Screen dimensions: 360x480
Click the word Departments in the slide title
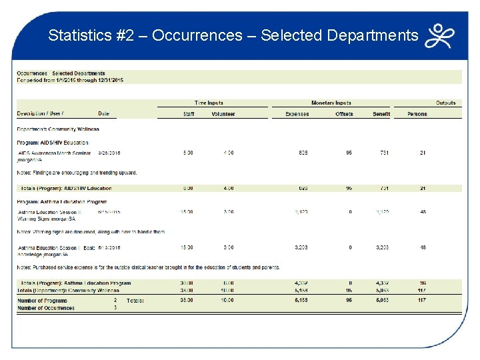tap(373, 35)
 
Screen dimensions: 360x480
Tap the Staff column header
tap(189, 114)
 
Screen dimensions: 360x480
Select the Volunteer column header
tap(223, 114)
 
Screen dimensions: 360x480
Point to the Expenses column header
tap(297, 114)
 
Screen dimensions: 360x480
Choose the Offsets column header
tap(344, 114)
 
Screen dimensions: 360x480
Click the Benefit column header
tap(381, 114)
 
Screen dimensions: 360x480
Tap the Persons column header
tap(417, 114)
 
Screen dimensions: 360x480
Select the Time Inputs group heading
tap(209, 103)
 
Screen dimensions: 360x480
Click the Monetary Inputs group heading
tap(331, 103)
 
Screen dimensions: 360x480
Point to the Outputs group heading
tap(445, 103)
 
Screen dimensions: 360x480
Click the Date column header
tap(103, 113)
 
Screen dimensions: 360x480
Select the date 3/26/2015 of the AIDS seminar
tap(109, 153)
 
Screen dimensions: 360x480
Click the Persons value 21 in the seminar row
tap(423, 153)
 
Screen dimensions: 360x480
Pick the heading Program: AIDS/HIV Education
tap(53, 143)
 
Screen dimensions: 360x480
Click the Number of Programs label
tap(42, 301)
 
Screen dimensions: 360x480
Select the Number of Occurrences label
tap(46, 308)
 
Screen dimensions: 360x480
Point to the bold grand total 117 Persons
tap(422, 301)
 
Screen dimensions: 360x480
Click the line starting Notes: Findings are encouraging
tap(77, 173)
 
